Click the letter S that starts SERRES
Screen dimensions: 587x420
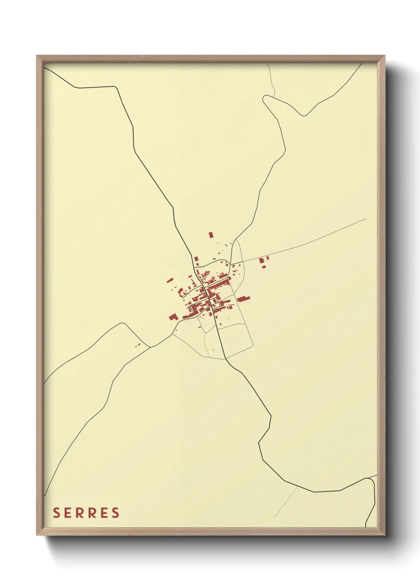[x=56, y=512]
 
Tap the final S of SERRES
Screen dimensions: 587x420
[x=116, y=512]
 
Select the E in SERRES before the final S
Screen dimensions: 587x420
[x=104, y=512]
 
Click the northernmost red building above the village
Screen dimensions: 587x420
[x=211, y=235]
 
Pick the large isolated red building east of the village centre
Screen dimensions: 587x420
[x=243, y=298]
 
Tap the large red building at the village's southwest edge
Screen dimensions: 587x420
[x=173, y=317]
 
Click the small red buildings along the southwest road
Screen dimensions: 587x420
[x=138, y=345]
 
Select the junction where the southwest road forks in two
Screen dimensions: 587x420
[x=150, y=347]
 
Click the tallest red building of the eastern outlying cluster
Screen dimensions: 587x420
[x=261, y=261]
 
